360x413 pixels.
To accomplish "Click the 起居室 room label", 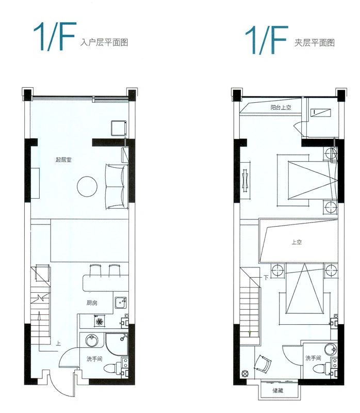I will (x=63, y=160).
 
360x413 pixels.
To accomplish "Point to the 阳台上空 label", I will (x=282, y=107).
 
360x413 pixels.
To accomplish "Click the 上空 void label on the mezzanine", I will (x=297, y=242).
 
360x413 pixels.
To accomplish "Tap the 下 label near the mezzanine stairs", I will (x=266, y=278).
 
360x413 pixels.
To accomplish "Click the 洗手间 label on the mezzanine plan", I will (x=313, y=358).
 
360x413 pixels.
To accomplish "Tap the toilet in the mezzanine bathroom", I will (x=323, y=368).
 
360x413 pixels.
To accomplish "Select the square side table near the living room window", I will (x=119, y=127).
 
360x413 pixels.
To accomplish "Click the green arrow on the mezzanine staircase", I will (x=250, y=333).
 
